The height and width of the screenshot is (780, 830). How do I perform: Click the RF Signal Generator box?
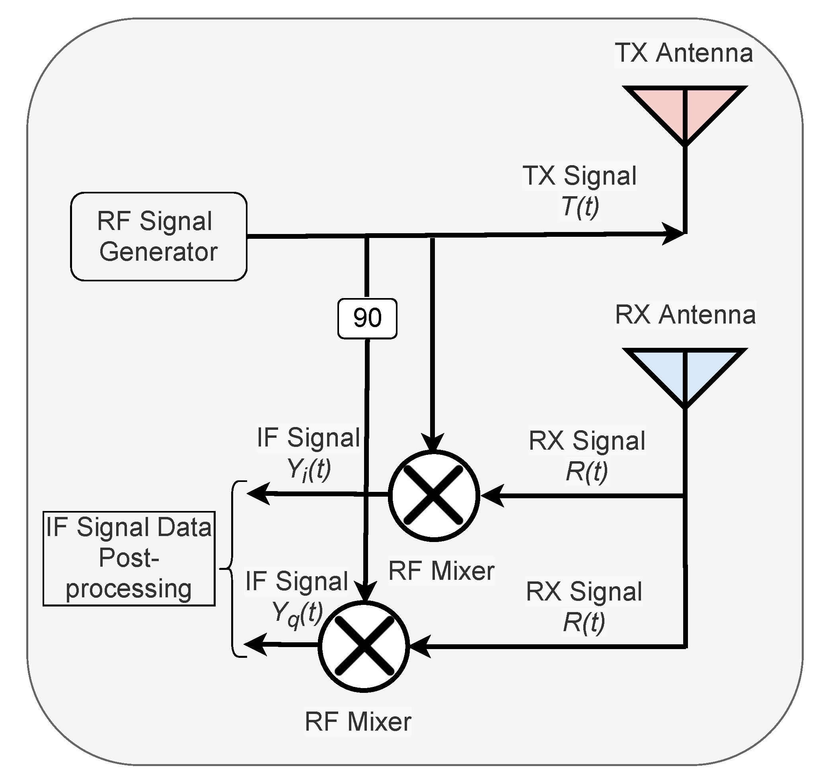159,236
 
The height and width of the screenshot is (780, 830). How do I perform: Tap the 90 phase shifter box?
367,318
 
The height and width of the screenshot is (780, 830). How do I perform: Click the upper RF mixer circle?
433,495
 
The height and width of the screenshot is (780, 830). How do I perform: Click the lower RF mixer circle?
363,646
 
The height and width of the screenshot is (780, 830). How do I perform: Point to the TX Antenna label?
684,53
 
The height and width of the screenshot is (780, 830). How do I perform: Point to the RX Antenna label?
685,315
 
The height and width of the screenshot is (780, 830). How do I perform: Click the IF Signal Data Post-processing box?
129,558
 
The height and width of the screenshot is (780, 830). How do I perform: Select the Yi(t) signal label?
309,470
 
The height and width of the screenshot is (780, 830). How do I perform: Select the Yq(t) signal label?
298,614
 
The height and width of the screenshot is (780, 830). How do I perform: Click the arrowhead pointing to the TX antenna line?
673,234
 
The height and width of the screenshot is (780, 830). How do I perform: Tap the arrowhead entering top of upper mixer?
433,443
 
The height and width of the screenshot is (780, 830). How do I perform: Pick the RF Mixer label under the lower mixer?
358,721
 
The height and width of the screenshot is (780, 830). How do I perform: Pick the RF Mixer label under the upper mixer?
441,571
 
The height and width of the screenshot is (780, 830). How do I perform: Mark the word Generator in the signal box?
159,252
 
